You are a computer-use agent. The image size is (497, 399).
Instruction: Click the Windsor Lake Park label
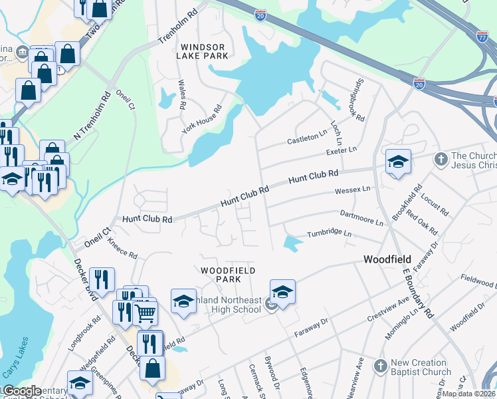pos(200,51)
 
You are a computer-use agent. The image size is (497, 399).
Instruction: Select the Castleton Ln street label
pos(307,139)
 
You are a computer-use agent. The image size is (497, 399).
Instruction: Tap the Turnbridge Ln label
pos(328,234)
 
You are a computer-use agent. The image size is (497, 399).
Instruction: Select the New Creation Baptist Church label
pos(421,367)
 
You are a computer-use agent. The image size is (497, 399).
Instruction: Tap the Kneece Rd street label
pos(122,249)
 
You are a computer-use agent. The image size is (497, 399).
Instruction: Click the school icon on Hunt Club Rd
pos(398,162)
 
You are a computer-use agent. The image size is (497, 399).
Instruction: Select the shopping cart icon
pos(145,311)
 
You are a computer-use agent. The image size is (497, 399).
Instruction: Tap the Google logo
pos(21,392)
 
